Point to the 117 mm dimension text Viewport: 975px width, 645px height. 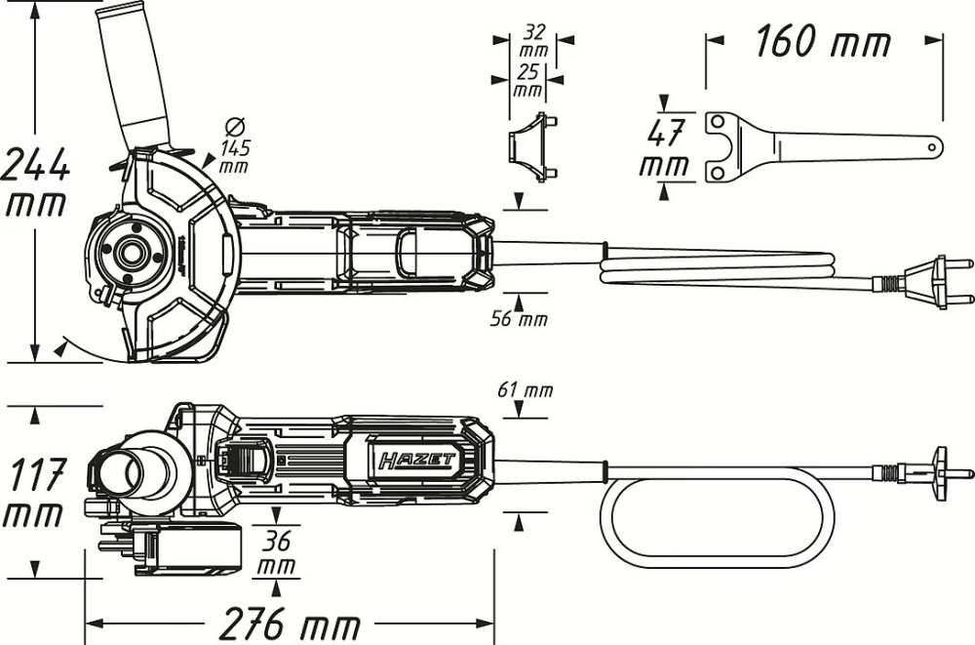tap(36, 494)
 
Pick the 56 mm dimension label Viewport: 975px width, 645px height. tap(520, 319)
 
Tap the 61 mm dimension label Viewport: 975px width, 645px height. tap(526, 390)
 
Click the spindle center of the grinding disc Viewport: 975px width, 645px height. tap(128, 248)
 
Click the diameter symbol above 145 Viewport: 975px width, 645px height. tap(233, 127)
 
